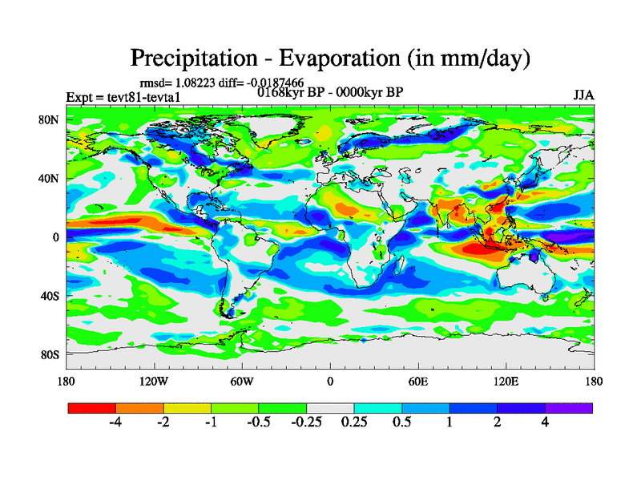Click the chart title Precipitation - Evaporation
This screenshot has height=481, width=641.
pos(330,58)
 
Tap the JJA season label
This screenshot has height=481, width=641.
pos(583,95)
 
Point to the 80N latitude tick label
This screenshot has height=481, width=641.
pos(51,119)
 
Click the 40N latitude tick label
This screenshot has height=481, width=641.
pos(51,179)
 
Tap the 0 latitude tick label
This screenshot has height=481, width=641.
pos(56,237)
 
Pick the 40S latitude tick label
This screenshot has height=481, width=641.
pos(51,296)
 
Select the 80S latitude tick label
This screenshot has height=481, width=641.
pos(51,354)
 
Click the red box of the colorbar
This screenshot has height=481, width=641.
pos(92,408)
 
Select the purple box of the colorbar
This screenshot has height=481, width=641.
pos(569,408)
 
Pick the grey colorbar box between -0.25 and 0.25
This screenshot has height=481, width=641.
pos(330,408)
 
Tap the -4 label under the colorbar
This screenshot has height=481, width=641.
pos(115,422)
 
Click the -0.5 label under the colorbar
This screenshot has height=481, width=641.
pos(259,422)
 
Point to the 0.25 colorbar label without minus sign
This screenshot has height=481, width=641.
pos(354,422)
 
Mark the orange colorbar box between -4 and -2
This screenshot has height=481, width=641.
pos(139,408)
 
